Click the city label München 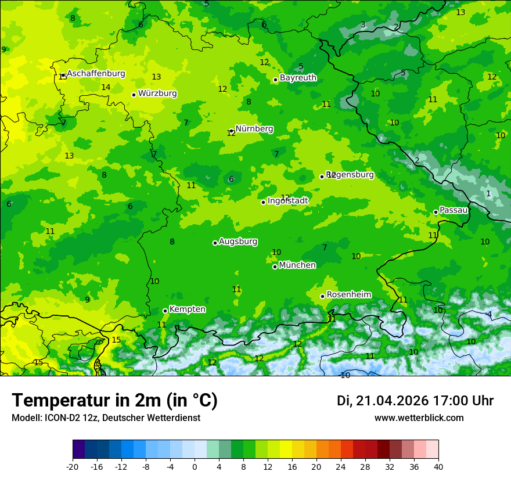click(x=297, y=265)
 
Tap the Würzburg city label click(x=157, y=93)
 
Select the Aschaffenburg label click(x=96, y=74)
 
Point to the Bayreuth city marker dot click(x=275, y=80)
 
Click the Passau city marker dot click(x=436, y=213)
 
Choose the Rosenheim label click(x=348, y=295)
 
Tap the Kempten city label click(x=187, y=310)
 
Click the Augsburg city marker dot click(x=215, y=243)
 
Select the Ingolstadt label click(x=287, y=201)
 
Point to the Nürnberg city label click(x=254, y=129)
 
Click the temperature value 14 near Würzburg click(x=106, y=88)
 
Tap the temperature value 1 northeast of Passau click(x=488, y=193)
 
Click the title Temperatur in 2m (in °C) click(x=114, y=401)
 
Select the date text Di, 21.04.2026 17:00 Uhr click(x=415, y=401)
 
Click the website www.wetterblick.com click(x=419, y=418)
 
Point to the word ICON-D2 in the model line click(x=60, y=418)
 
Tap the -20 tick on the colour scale click(x=73, y=466)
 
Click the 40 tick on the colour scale click(x=438, y=466)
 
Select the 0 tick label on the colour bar click(x=195, y=466)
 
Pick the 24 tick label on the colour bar click(x=341, y=466)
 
